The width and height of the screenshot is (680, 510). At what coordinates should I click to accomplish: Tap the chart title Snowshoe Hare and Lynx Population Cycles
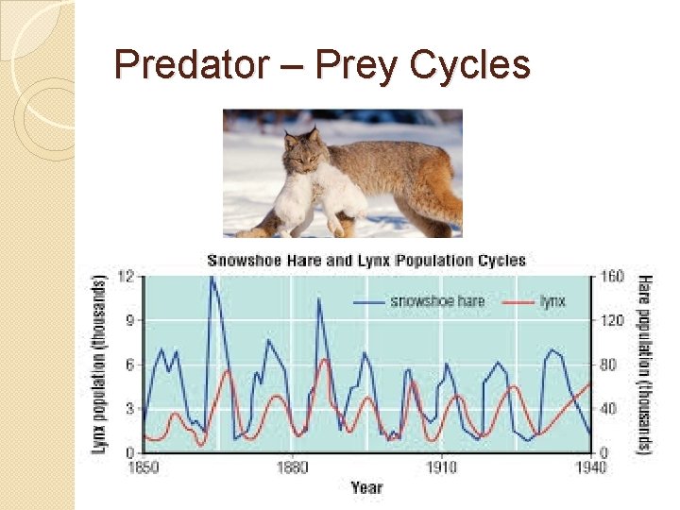366,260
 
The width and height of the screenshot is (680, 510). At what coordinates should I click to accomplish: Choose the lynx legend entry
552,301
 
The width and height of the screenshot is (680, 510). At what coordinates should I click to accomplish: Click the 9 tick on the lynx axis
129,320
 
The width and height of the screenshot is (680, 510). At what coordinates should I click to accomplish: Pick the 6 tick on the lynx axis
129,365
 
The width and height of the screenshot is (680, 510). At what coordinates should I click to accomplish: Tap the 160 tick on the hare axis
612,277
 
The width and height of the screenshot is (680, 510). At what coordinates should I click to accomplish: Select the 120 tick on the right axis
612,320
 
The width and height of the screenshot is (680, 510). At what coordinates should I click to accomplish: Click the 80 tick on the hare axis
609,365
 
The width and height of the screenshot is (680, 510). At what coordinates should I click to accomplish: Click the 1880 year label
291,467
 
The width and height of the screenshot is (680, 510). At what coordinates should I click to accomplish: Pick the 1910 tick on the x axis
440,467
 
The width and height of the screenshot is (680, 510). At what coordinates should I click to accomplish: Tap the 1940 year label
588,467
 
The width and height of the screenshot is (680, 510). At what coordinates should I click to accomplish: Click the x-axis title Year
366,487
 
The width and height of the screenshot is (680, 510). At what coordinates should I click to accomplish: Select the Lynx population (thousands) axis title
100,365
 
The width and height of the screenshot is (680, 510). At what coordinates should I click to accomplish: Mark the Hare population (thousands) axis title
645,365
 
